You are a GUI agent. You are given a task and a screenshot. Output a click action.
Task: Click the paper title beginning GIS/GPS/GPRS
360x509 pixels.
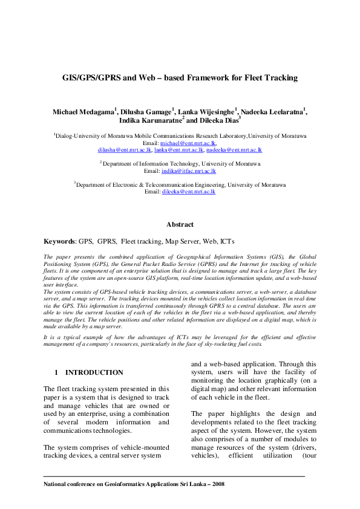[180, 78]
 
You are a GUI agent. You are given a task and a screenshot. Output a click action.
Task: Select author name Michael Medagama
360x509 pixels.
[84, 112]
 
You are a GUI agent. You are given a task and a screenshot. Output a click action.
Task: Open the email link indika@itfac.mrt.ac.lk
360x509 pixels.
[188, 171]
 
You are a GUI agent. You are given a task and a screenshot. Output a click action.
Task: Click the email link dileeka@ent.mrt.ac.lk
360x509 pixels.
[188, 192]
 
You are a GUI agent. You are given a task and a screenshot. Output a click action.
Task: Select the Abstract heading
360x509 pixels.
[180, 224]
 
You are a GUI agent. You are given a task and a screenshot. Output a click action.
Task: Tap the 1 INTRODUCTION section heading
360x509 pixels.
[89, 372]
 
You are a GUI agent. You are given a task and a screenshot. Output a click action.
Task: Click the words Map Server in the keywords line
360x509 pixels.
[182, 241]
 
